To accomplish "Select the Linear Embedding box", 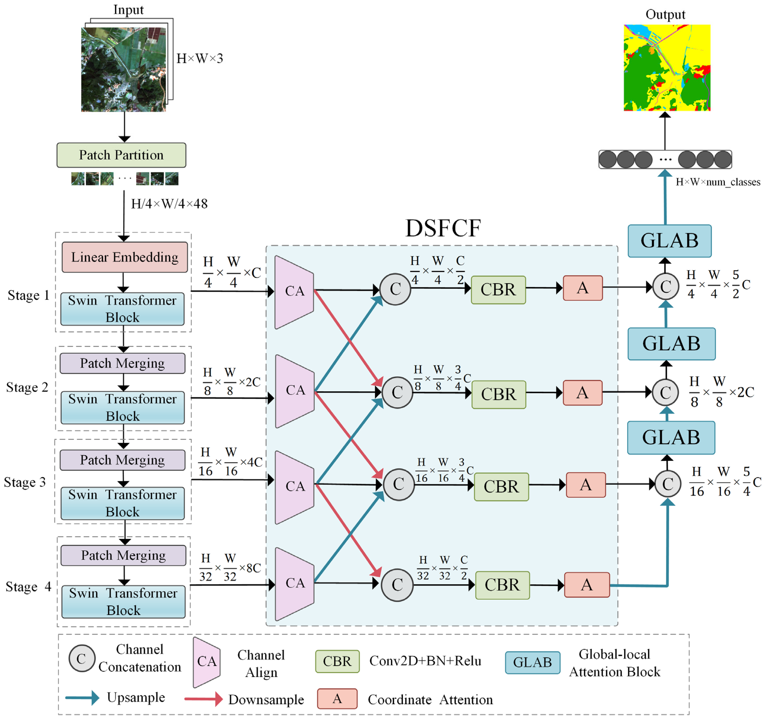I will point(124,257).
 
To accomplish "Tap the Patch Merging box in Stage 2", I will point(122,363).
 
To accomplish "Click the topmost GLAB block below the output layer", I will point(669,241).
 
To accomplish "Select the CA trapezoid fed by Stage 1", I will point(294,291).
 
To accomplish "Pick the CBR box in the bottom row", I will point(502,585).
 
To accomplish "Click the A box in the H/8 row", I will point(582,393).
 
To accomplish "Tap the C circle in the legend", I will point(82,658).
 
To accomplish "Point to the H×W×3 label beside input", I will point(200,59).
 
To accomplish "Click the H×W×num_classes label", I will point(717,182).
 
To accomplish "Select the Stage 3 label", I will point(25,482).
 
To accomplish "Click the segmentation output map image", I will point(666,67).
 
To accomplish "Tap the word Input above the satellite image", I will point(128,10).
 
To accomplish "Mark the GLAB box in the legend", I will point(532,662).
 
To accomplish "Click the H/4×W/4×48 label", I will point(169,203).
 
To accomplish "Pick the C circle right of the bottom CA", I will point(397,584).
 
